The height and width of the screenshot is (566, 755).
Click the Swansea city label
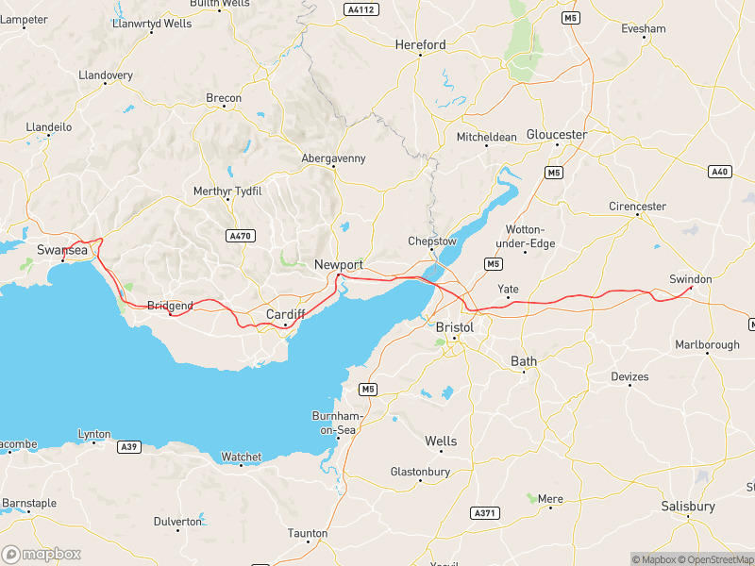[x=61, y=249]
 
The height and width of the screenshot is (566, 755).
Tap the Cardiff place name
[x=285, y=313]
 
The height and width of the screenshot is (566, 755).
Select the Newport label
[x=338, y=265]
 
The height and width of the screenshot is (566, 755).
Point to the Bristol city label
[x=455, y=326]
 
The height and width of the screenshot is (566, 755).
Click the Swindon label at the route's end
[x=690, y=279]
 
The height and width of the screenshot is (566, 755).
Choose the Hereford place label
[x=420, y=44]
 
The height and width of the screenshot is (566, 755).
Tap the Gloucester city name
[x=557, y=135]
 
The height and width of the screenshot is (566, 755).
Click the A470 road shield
[x=241, y=236]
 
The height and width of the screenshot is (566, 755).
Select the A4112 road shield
[x=360, y=9]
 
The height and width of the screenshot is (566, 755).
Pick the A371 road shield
[x=483, y=512]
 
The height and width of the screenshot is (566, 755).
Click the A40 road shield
[x=719, y=171]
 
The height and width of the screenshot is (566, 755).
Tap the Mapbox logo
[x=42, y=554]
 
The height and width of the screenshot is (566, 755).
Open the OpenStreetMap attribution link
[x=714, y=559]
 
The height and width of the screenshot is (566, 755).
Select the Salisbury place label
[x=688, y=507]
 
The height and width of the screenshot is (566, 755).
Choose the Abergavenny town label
[x=333, y=158]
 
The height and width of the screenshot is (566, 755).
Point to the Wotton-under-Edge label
[x=530, y=237]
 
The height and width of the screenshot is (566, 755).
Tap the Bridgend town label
[x=170, y=306]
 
